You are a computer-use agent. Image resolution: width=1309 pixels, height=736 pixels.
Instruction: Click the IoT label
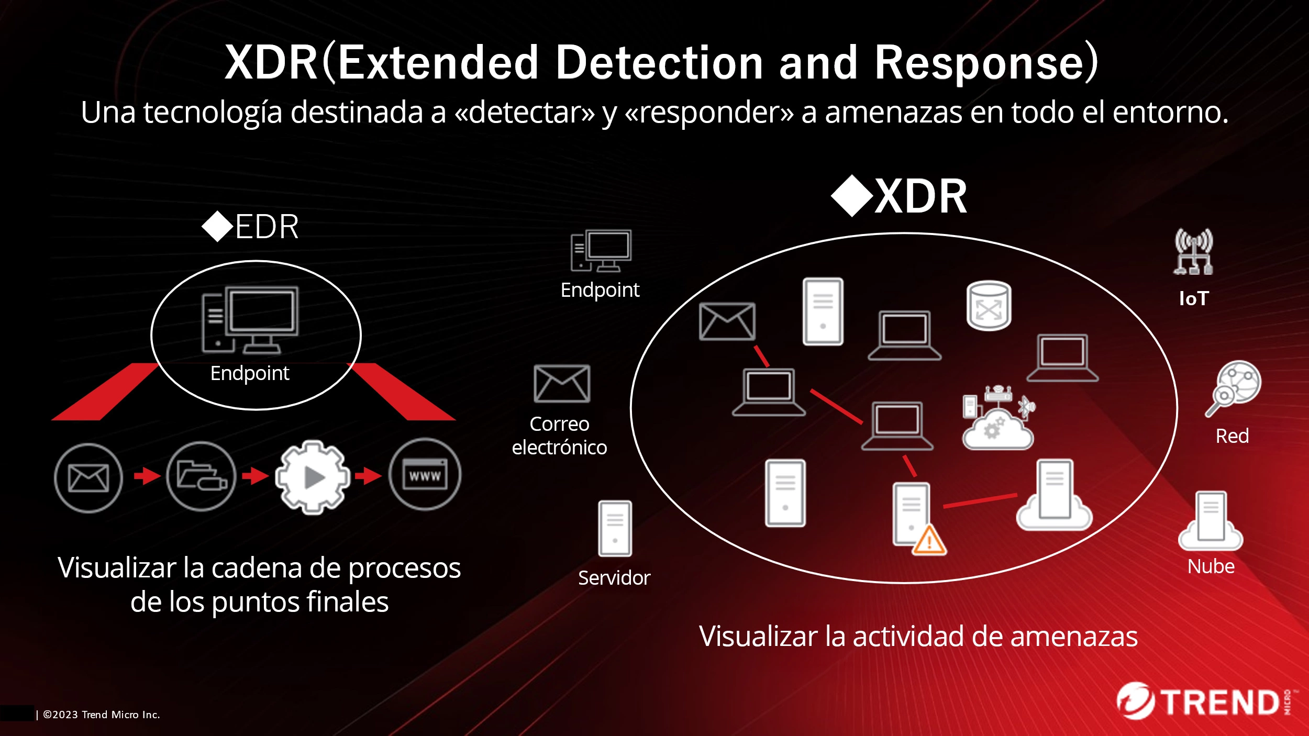click(x=1193, y=298)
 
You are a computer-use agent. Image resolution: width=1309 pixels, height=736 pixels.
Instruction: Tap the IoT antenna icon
click(x=1193, y=252)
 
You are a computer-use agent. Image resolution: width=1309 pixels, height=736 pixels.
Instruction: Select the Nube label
click(x=1211, y=566)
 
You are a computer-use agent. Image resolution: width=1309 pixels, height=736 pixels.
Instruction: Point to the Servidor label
click(x=614, y=578)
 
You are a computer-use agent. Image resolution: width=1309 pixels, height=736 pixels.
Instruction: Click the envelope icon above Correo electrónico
click(x=561, y=384)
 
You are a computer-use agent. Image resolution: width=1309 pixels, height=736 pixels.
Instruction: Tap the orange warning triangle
click(x=929, y=541)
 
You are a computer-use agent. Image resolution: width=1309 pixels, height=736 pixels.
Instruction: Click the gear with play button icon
click(x=313, y=477)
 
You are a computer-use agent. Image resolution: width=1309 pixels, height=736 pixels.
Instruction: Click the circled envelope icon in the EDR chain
click(x=88, y=478)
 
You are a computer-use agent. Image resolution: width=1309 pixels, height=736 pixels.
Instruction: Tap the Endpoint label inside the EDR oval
click(x=250, y=373)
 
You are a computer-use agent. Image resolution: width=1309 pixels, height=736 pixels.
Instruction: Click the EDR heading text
click(x=267, y=227)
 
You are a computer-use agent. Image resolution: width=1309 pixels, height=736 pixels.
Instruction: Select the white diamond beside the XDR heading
click(x=852, y=196)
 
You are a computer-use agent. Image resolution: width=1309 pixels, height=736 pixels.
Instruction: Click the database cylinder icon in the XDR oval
click(x=989, y=306)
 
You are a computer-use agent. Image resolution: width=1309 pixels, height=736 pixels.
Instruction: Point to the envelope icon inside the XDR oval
click(x=727, y=321)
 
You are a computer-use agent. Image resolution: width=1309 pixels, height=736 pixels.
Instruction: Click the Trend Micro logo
click(x=1204, y=701)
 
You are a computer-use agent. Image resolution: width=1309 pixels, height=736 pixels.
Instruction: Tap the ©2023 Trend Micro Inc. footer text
click(x=101, y=715)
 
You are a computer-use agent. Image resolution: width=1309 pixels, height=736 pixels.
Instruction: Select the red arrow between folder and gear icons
click(x=256, y=476)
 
